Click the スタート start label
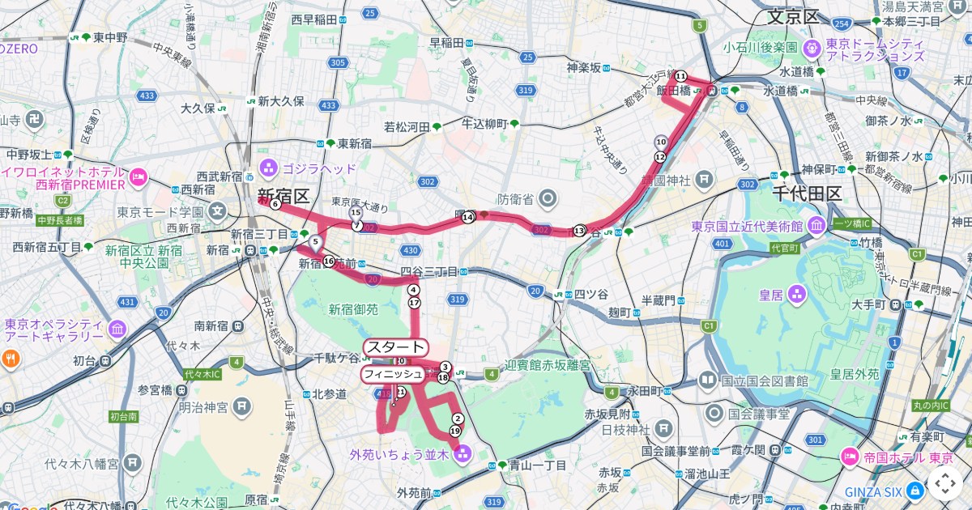pos(395,347)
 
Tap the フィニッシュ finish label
pos(392,374)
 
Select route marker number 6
pos(275,205)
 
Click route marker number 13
pos(578,231)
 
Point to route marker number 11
pos(680,76)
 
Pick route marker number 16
pos(328,261)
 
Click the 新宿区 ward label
pos(283,195)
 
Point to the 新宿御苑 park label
pos(352,308)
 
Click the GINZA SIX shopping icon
pos(914,490)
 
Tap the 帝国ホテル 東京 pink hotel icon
pos(849,457)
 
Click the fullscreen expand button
pos(944,483)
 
